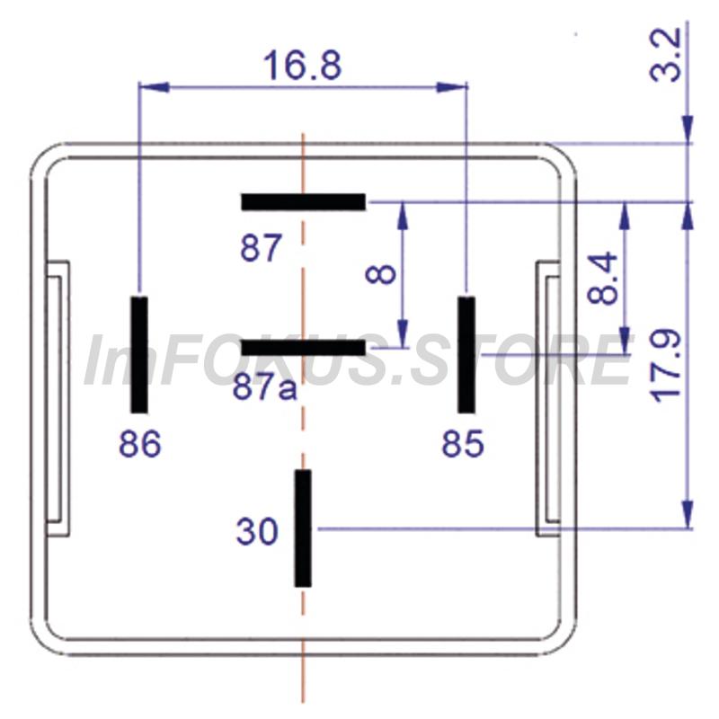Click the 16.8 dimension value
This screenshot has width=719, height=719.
303,65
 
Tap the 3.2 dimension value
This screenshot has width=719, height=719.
666,55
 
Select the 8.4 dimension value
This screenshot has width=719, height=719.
602,278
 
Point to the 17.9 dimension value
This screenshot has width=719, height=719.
667,366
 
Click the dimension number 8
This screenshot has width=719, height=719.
380,274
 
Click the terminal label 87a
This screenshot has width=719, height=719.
264,388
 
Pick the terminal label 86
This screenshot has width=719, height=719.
140,443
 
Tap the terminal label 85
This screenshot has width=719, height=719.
463,443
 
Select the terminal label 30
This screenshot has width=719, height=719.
257,531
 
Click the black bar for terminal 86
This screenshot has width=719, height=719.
139,355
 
